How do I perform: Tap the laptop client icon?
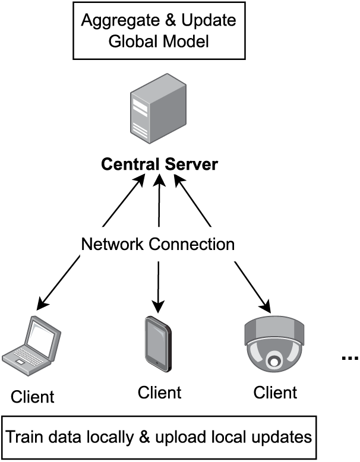[x=33, y=347]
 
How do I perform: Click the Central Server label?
[x=159, y=164]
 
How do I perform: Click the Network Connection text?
[x=158, y=244]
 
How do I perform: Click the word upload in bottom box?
[x=178, y=438]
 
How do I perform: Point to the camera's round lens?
[x=274, y=359]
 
